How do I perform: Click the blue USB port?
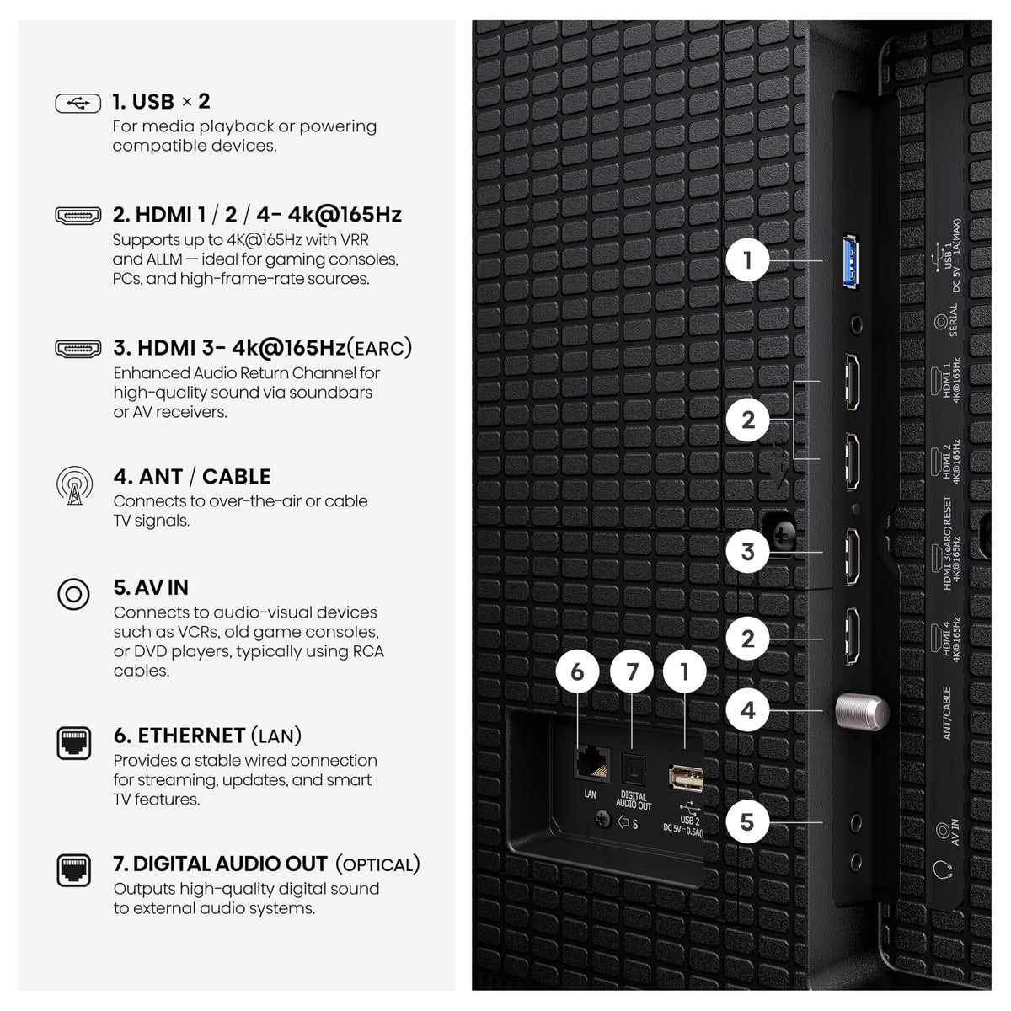click(851, 261)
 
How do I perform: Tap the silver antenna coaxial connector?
click(862, 712)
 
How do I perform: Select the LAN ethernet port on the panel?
click(592, 763)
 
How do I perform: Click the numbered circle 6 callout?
click(577, 671)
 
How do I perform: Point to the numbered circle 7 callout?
click(632, 671)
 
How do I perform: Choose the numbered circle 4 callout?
click(747, 710)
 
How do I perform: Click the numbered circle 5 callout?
click(747, 822)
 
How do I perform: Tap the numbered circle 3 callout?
click(747, 551)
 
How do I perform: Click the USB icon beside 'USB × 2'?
click(78, 104)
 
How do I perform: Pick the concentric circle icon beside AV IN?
click(73, 595)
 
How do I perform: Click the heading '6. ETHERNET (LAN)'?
click(208, 736)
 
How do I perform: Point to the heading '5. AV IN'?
click(151, 587)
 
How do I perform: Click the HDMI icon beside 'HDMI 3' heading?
click(78, 349)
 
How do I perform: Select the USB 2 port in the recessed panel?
click(687, 778)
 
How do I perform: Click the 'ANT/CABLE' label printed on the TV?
click(947, 714)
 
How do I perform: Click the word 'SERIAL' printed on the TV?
click(953, 319)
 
